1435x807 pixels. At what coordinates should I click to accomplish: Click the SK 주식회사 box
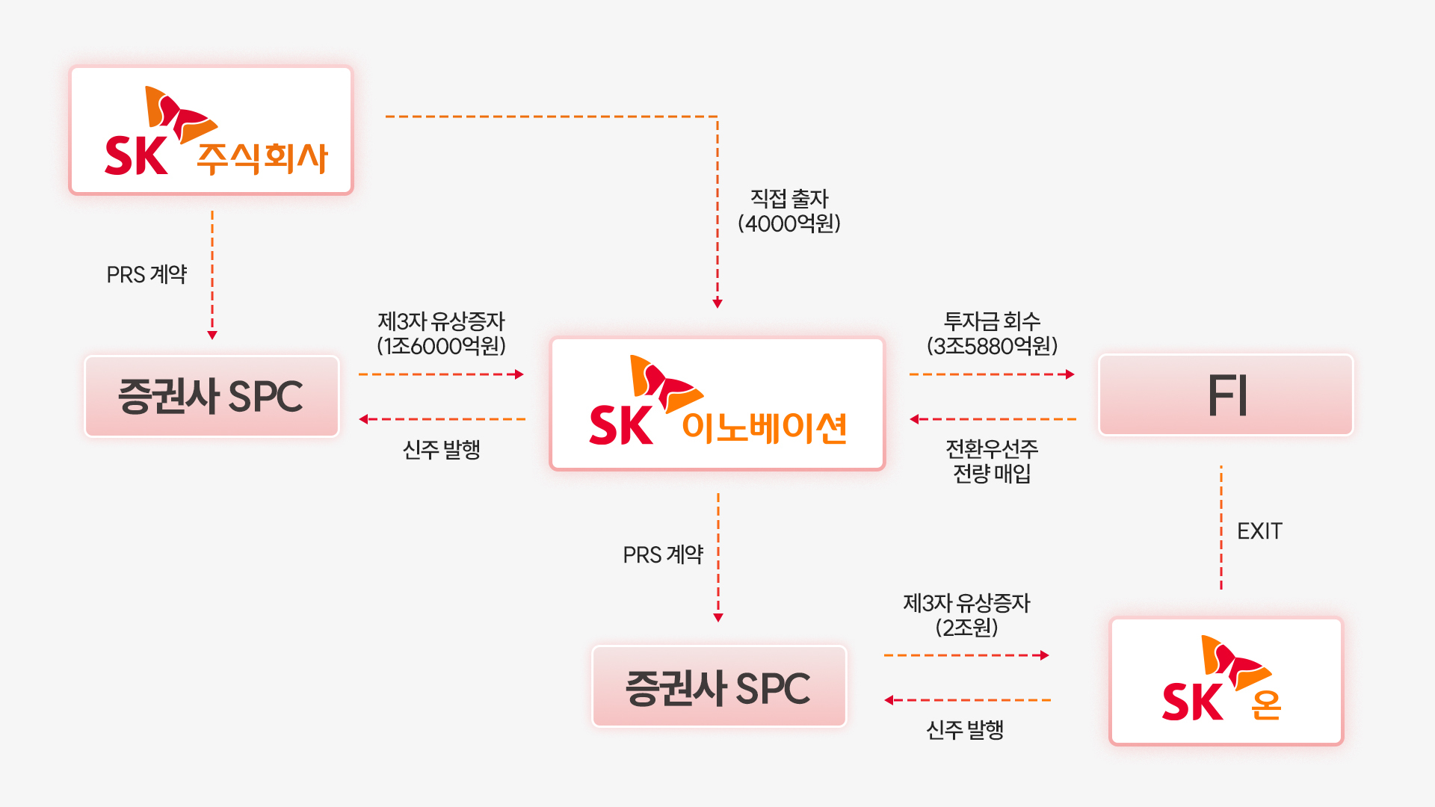[211, 131]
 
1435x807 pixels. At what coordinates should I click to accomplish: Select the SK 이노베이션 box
[717, 403]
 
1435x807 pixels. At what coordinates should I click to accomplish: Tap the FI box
[1226, 395]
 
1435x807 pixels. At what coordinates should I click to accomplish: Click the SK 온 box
[1226, 681]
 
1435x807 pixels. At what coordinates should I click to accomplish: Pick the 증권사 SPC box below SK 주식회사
[212, 396]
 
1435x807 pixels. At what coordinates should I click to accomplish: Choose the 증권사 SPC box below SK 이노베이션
[718, 687]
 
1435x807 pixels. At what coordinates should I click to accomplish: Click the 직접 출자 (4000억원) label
[789, 211]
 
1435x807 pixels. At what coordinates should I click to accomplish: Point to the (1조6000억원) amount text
[441, 346]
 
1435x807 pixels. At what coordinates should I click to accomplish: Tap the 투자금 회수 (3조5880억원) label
[992, 333]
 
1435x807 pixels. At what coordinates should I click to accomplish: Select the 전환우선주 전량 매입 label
[992, 460]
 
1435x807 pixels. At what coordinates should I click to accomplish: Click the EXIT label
[1259, 531]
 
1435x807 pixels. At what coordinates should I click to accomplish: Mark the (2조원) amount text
[966, 628]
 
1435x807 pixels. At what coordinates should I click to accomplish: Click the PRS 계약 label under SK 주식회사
[146, 275]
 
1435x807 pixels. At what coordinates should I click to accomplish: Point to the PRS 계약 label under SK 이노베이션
[663, 554]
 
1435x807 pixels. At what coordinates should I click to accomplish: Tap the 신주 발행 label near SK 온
[965, 730]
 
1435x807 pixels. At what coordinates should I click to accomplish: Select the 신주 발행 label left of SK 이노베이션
[441, 450]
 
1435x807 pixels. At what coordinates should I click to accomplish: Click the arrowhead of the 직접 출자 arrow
[717, 303]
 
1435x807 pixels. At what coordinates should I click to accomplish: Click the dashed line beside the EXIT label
[1221, 528]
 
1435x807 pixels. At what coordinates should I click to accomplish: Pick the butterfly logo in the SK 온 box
[1235, 661]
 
